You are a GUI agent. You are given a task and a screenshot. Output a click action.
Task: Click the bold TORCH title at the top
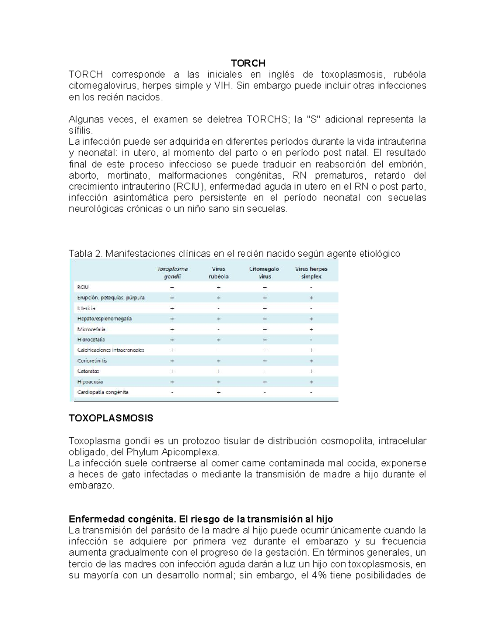click(x=248, y=63)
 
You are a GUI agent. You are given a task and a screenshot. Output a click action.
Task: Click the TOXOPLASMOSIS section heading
click(x=111, y=418)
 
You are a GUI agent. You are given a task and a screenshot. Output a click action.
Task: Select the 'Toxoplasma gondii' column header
click(x=172, y=272)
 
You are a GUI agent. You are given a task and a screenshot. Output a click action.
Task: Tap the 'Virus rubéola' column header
click(x=219, y=272)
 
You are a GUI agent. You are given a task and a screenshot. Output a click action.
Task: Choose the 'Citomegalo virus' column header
click(x=265, y=272)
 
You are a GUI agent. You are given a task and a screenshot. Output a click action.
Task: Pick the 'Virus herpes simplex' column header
click(x=311, y=272)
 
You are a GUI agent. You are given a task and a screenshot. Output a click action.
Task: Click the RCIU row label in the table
click(x=83, y=287)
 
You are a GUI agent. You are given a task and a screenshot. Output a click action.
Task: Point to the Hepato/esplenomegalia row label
click(x=105, y=319)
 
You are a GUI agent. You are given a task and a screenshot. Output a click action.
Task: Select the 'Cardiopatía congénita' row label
click(x=103, y=392)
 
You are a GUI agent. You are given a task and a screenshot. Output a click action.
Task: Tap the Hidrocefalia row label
click(x=91, y=339)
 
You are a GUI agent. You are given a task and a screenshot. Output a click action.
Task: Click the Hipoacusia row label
click(x=90, y=382)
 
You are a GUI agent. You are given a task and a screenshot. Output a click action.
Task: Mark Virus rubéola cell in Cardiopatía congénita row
click(x=219, y=392)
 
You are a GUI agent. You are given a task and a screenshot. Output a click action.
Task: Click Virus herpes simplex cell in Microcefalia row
click(x=311, y=329)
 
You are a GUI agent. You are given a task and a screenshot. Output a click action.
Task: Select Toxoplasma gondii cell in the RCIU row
click(x=172, y=287)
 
